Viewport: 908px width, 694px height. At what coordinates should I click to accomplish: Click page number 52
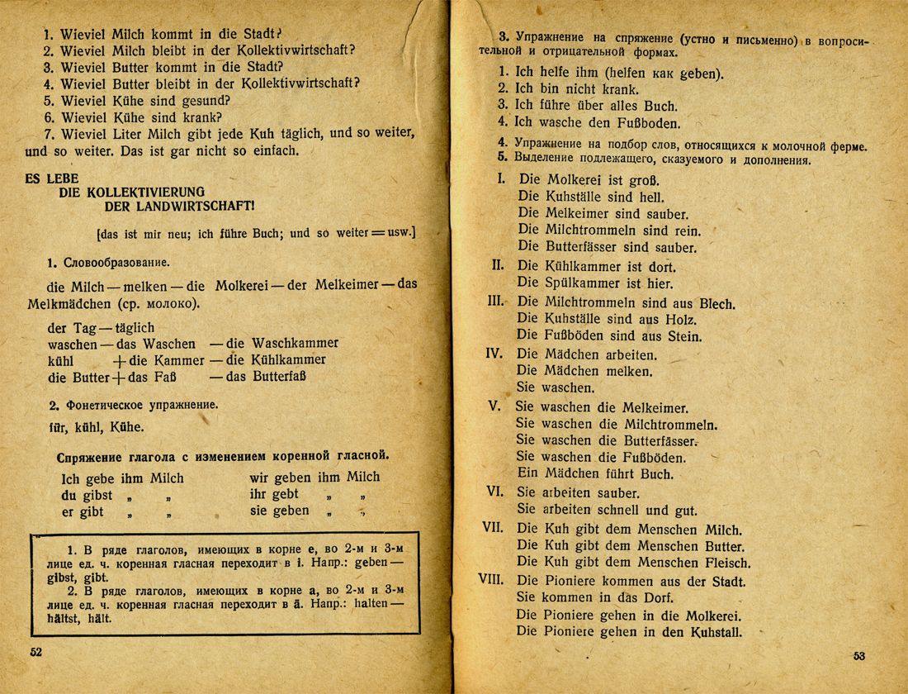[x=35, y=652]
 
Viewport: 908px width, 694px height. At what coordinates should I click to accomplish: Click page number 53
[x=859, y=656]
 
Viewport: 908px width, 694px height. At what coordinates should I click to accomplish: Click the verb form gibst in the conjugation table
[x=97, y=495]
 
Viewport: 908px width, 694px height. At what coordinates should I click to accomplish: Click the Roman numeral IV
[x=494, y=353]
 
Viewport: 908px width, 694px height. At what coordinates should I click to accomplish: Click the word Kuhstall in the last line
[x=712, y=633]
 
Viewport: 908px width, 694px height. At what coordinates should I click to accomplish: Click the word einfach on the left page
[x=264, y=152]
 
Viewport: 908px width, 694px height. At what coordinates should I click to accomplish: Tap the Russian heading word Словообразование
[x=115, y=263]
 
